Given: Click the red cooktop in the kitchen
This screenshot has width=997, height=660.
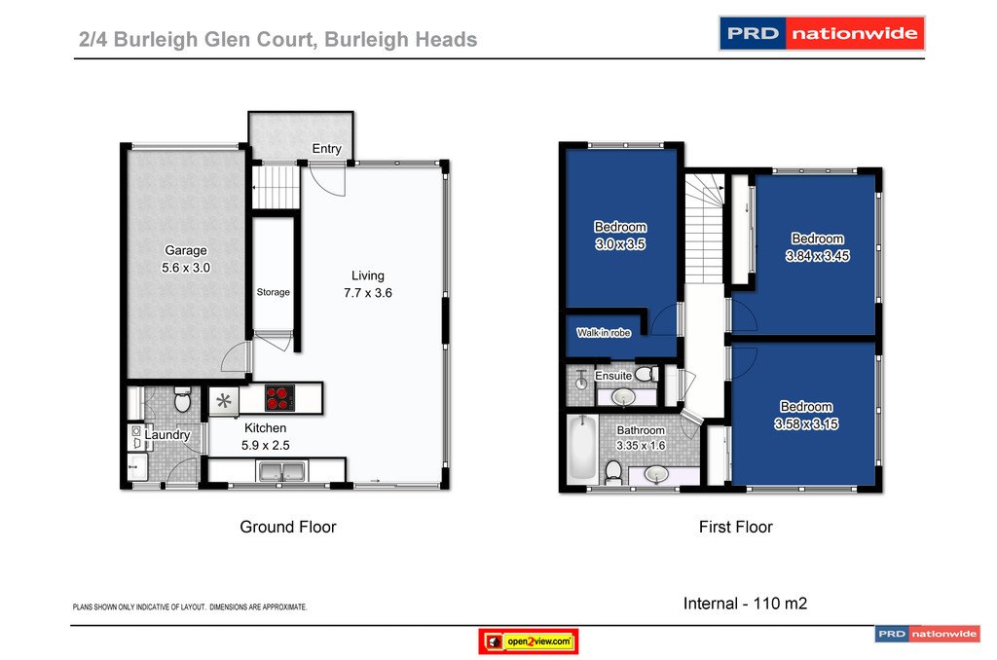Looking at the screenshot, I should [x=278, y=398].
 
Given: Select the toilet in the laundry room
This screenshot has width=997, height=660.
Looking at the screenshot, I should [x=180, y=400].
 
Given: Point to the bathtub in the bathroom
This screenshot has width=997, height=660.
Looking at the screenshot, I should [x=581, y=449].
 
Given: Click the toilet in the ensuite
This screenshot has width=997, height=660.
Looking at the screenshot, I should [x=582, y=381].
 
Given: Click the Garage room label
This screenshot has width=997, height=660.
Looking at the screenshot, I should [x=185, y=250].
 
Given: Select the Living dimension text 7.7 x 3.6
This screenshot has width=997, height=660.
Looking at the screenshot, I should [x=368, y=292].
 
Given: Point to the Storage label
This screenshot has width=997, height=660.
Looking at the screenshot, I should [x=274, y=292].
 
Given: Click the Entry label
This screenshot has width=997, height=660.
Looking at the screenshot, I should [x=327, y=149].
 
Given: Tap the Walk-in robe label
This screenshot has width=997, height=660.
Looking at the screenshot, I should [x=604, y=333].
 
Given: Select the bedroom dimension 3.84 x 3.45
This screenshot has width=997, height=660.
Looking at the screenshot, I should [x=817, y=257].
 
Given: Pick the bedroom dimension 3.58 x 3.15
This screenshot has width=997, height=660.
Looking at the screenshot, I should [x=805, y=423].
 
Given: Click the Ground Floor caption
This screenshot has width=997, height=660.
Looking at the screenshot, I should [x=288, y=527].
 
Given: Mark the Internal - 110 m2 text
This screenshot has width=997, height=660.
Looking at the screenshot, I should [x=745, y=604].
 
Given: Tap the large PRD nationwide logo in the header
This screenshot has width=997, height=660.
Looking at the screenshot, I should [x=821, y=34].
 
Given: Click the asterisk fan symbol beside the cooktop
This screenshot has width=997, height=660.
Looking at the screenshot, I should [x=225, y=399].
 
